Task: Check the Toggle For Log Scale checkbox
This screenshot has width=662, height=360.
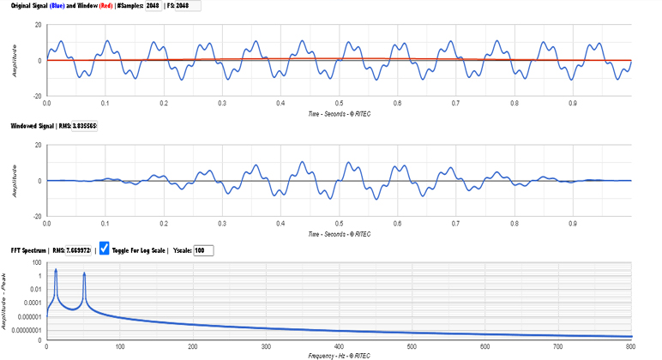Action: click(x=105, y=249)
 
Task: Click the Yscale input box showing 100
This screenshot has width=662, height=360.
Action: click(x=204, y=250)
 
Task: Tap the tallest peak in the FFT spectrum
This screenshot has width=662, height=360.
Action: click(x=56, y=271)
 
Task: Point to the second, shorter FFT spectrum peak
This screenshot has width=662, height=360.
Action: click(x=84, y=274)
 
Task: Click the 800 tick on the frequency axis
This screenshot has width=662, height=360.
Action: click(x=630, y=346)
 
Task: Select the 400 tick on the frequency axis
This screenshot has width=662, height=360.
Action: click(x=338, y=346)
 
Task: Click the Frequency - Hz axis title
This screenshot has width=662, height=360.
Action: click(x=338, y=354)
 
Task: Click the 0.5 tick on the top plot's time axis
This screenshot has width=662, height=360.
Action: click(x=339, y=102)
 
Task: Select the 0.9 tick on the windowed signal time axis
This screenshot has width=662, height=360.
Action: click(x=573, y=224)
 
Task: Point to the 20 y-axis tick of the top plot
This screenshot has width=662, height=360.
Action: click(x=37, y=25)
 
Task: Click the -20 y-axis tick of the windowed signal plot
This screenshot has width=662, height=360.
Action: click(x=35, y=217)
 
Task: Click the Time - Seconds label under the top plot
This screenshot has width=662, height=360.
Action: click(x=338, y=112)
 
